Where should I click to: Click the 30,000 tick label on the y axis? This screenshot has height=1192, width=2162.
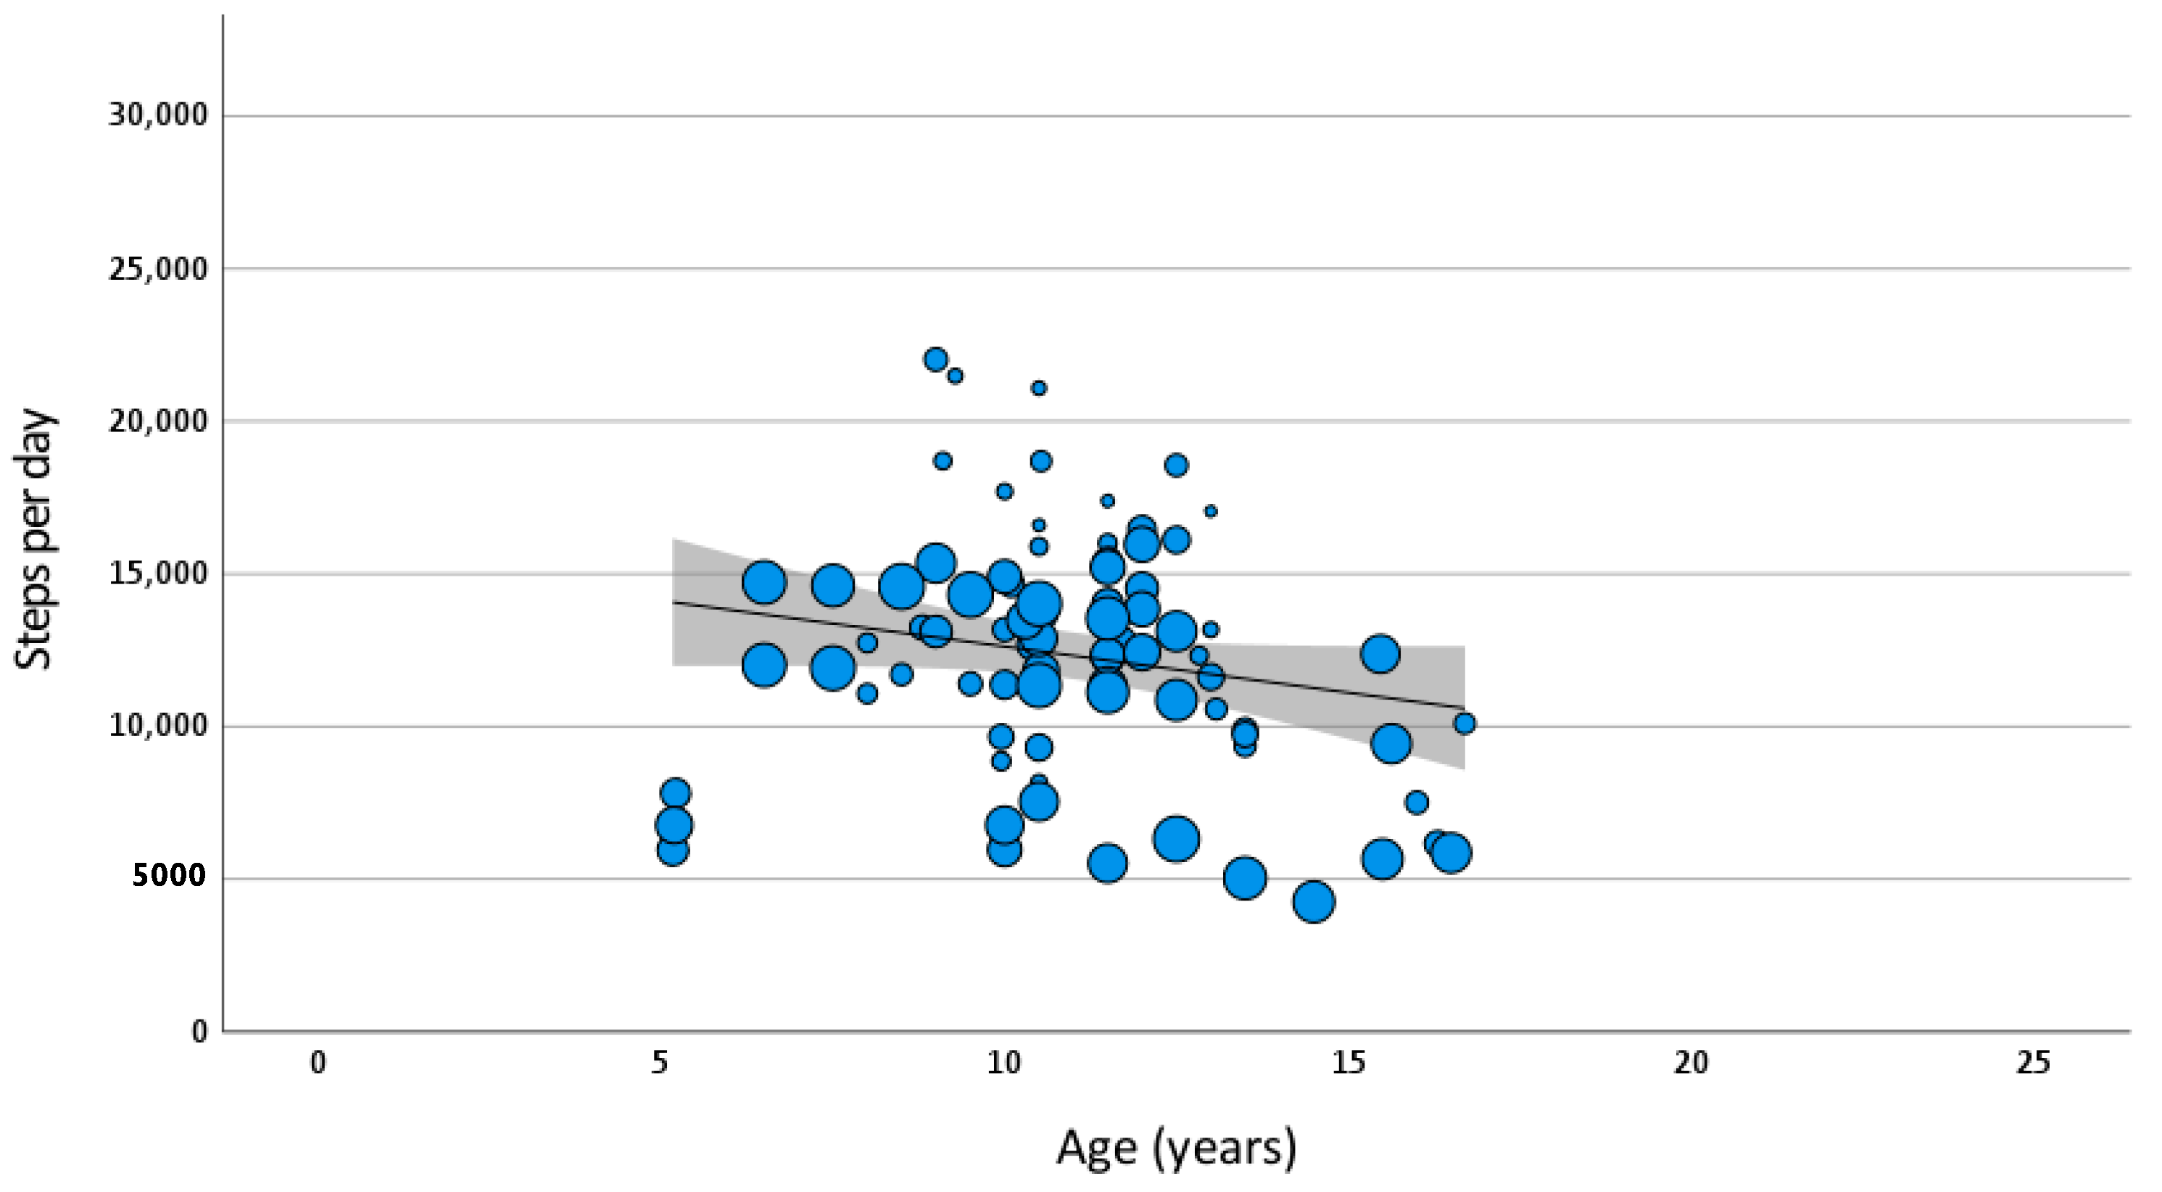[x=158, y=115]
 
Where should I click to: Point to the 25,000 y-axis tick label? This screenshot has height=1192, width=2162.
[x=158, y=270]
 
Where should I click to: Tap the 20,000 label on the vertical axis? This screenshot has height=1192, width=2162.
[x=158, y=421]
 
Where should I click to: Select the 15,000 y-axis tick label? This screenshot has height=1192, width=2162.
[x=158, y=574]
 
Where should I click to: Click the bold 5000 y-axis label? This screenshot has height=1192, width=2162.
[x=169, y=877]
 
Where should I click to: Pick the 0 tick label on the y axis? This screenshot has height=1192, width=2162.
[x=199, y=1031]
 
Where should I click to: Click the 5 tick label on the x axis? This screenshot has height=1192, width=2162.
[x=660, y=1063]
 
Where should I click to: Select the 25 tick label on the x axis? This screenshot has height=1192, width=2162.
[x=2033, y=1063]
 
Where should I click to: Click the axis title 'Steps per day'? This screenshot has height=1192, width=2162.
[x=33, y=539]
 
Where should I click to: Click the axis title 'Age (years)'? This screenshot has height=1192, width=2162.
[x=1176, y=1148]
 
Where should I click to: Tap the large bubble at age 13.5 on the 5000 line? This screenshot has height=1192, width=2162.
[x=1245, y=879]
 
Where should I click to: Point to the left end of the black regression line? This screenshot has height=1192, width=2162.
[x=675, y=602]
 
